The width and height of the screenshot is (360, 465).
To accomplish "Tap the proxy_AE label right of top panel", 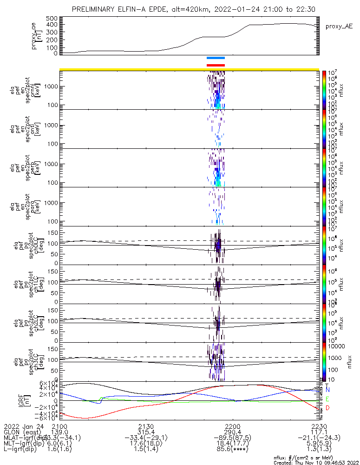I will [x=339, y=27].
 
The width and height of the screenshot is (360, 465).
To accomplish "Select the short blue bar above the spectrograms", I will [x=216, y=58].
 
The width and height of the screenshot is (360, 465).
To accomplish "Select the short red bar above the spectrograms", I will [x=216, y=65].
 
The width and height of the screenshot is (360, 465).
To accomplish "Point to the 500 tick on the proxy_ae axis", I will [x=52, y=18].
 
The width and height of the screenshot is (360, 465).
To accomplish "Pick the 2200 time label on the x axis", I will [x=232, y=426].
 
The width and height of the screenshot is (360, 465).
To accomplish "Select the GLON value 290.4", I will [x=232, y=432].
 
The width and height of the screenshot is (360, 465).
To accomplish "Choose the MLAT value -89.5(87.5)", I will [x=232, y=438].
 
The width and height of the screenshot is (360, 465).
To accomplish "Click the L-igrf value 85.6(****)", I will [x=232, y=451].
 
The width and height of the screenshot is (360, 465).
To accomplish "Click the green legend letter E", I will [x=328, y=399].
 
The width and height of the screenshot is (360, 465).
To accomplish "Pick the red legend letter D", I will [x=328, y=408].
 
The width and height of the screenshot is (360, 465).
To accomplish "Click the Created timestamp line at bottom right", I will [x=314, y=462].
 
